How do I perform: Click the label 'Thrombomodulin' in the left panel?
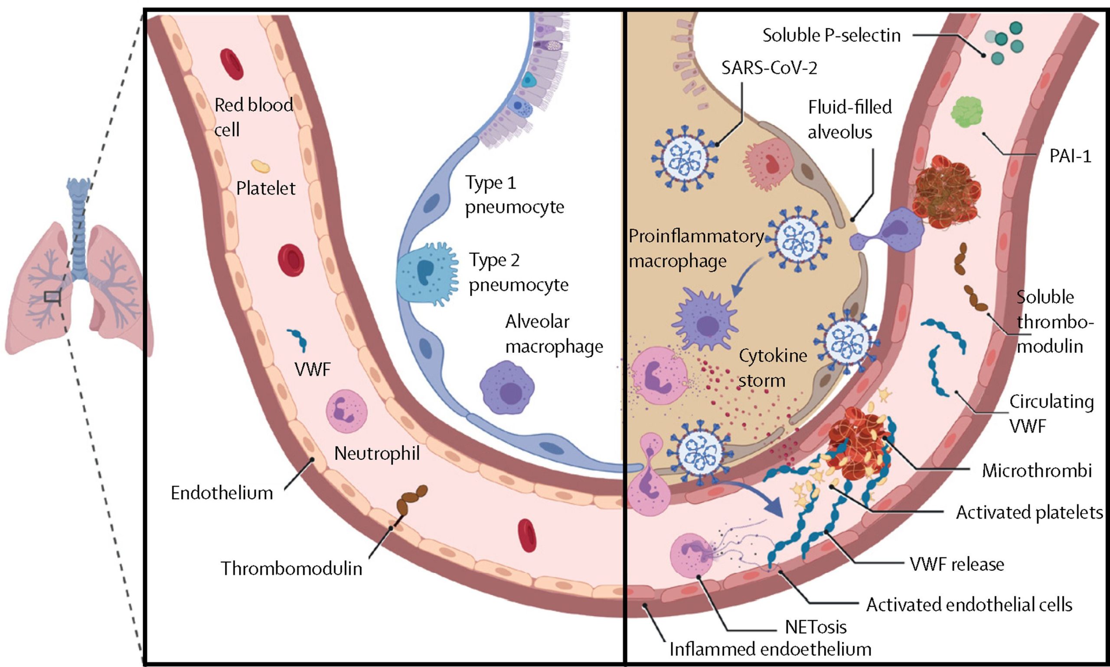click(291, 569)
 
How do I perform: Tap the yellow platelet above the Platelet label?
click(261, 166)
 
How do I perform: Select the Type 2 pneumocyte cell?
click(426, 274)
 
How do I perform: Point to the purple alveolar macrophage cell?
click(507, 387)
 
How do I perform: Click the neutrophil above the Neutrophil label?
click(346, 411)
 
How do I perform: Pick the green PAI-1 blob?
click(967, 112)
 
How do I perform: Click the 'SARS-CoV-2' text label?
click(769, 68)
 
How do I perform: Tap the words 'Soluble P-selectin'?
click(831, 36)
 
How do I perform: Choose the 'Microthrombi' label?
click(1037, 470)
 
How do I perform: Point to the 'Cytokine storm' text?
click(773, 368)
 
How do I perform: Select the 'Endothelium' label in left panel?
click(222, 493)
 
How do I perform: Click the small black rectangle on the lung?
click(52, 296)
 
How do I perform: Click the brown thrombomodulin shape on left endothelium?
click(411, 501)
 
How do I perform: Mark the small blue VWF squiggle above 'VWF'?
click(297, 340)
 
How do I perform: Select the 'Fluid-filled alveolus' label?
click(849, 120)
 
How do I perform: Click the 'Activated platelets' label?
click(1029, 512)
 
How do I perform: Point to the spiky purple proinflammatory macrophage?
click(705, 319)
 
